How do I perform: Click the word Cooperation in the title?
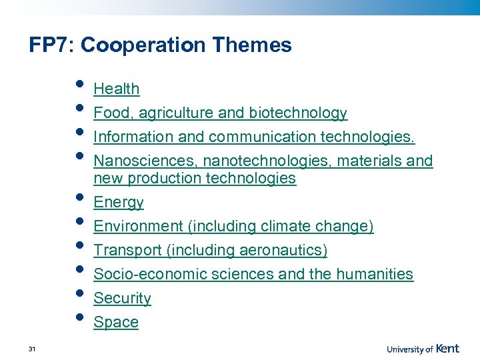(143, 45)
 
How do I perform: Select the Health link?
(117, 89)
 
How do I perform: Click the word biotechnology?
(298, 113)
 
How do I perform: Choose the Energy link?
(119, 203)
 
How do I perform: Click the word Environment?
(138, 227)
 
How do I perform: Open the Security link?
(122, 298)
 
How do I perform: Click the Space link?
(116, 322)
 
